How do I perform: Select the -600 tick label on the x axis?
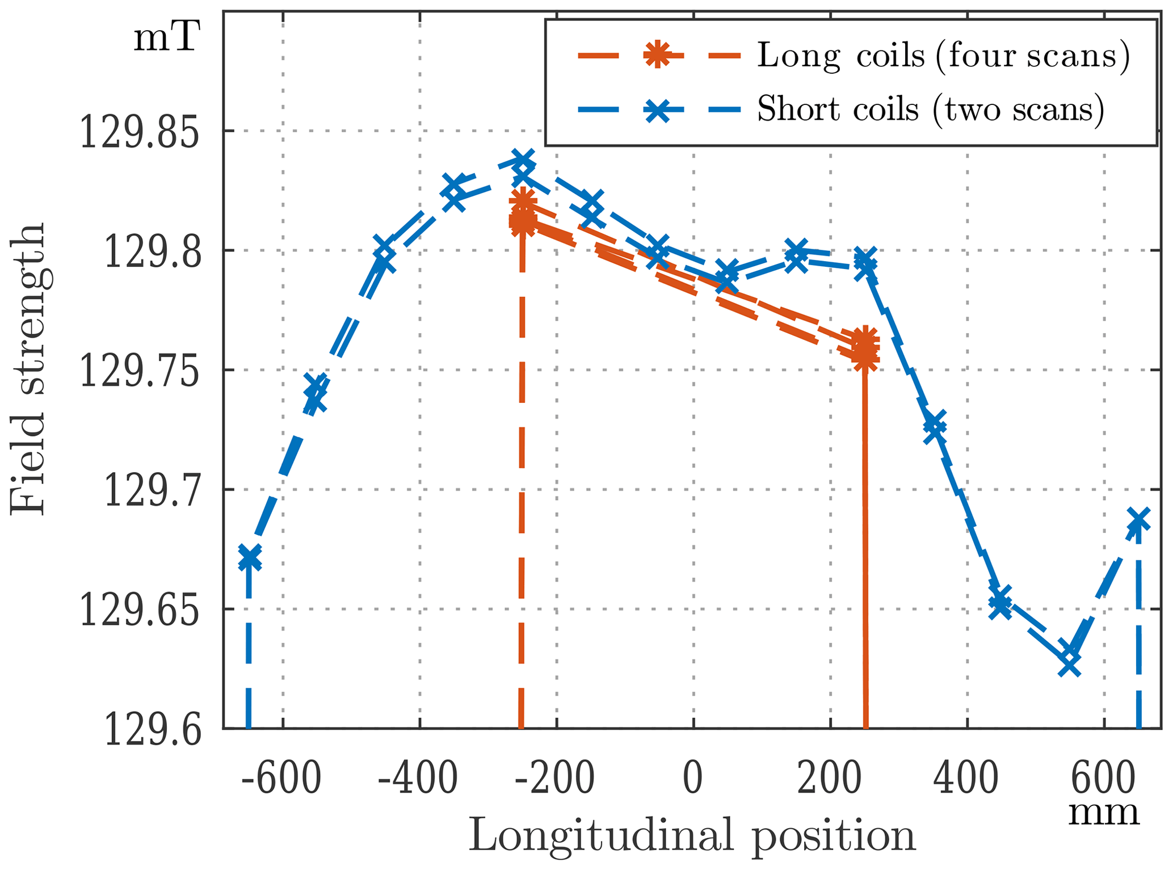coord(281,780)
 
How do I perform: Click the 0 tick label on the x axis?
coord(693,780)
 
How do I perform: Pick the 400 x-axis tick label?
coord(966,780)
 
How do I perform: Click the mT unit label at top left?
coord(166,39)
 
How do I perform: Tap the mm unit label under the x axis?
coord(1104,813)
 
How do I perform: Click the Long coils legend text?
coord(943,56)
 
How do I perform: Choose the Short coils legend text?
coord(931,108)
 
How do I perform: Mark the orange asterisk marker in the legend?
coord(658,56)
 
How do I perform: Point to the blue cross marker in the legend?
coord(658,108)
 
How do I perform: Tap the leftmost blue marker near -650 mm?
coord(249,558)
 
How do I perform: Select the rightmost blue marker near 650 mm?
coord(1137,520)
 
